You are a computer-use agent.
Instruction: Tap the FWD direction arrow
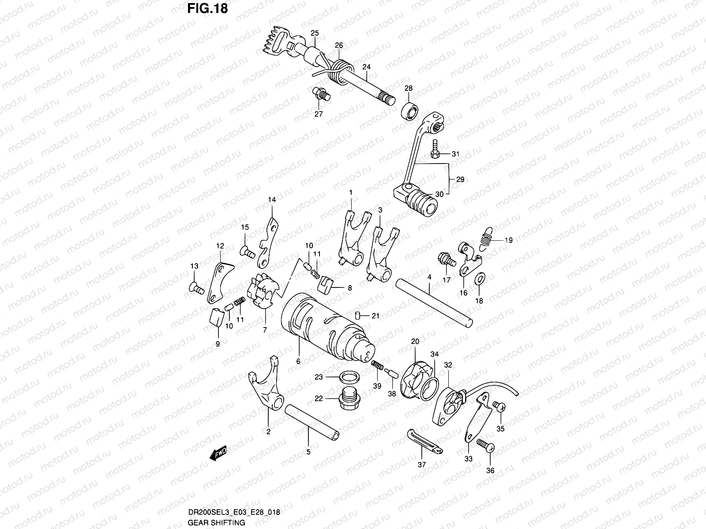[x=218, y=452]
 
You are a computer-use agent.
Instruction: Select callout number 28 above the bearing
[x=408, y=88]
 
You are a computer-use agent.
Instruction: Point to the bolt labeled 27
[x=321, y=94]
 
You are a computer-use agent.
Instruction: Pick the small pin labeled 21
[x=359, y=315]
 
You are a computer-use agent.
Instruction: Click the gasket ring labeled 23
[x=349, y=377]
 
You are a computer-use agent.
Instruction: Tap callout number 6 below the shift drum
[x=298, y=361]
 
